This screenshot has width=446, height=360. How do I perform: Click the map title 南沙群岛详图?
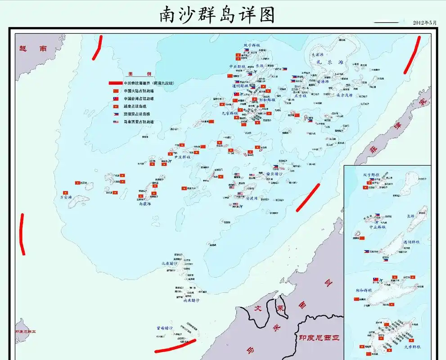pyautogui.click(x=217, y=15)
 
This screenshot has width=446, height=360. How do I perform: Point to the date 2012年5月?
pyautogui.click(x=425, y=22)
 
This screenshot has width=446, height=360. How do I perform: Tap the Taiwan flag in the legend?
pyautogui.click(x=116, y=99)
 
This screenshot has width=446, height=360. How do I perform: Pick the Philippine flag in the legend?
pyautogui.click(x=116, y=114)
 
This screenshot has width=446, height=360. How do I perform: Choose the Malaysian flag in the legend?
pyautogui.click(x=116, y=122)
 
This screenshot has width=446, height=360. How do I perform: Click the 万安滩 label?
pyautogui.click(x=65, y=197)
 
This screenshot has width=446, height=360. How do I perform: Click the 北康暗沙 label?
pyautogui.click(x=170, y=264)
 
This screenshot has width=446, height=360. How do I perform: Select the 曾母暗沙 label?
pyautogui.click(x=165, y=328)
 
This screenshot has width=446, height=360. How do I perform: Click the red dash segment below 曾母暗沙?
pyautogui.click(x=175, y=346)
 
